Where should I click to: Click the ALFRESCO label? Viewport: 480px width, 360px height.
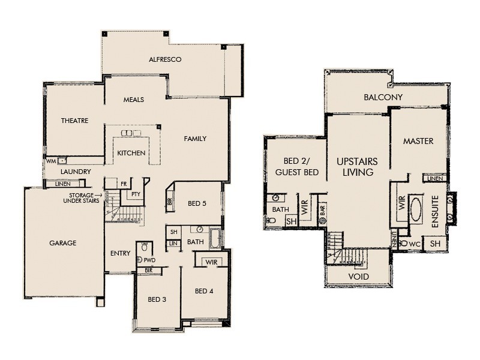pyautogui.click(x=165, y=60)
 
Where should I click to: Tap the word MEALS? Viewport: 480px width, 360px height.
pyautogui.click(x=133, y=100)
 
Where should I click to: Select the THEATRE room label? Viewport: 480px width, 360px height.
pyautogui.click(x=74, y=121)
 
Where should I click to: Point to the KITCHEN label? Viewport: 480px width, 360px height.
pyautogui.click(x=131, y=153)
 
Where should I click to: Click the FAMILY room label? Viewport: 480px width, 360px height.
pyautogui.click(x=195, y=139)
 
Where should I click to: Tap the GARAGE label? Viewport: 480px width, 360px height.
pyautogui.click(x=62, y=243)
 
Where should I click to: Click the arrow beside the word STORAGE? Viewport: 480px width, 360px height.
pyautogui.click(x=98, y=195)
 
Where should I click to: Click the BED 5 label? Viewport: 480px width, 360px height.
pyautogui.click(x=197, y=203)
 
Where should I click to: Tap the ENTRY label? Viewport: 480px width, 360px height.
pyautogui.click(x=120, y=253)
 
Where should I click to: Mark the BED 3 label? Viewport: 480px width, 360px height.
pyautogui.click(x=157, y=299)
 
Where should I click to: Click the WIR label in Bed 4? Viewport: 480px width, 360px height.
pyautogui.click(x=211, y=262)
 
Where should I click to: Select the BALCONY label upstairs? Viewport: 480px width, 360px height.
pyautogui.click(x=383, y=97)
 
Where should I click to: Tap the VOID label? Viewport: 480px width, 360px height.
pyautogui.click(x=359, y=277)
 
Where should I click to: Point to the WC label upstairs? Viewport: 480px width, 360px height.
pyautogui.click(x=414, y=244)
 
